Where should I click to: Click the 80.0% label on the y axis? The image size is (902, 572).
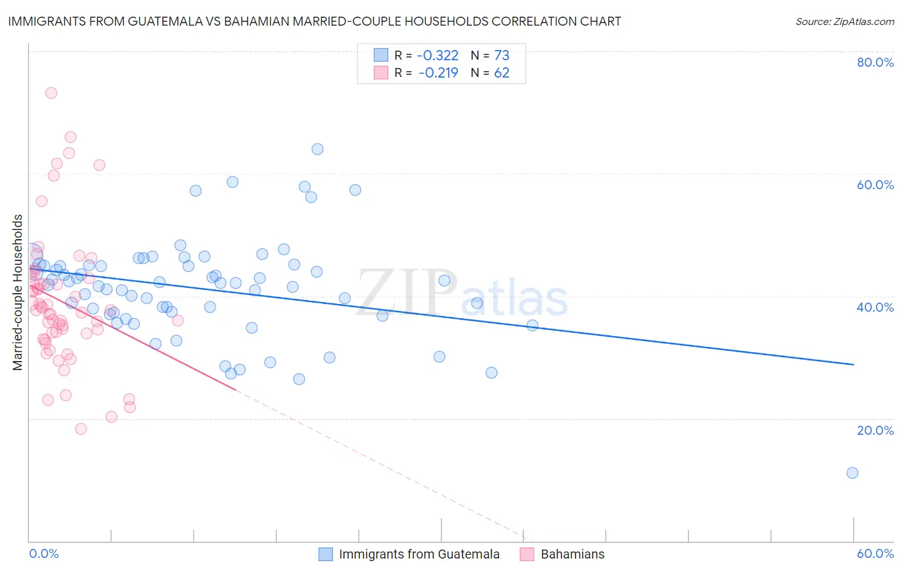875,62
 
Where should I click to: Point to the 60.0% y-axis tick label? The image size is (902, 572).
875,185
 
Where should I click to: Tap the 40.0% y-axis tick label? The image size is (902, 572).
875,307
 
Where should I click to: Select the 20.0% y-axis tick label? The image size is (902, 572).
875,430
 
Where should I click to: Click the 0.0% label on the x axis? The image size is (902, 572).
44,553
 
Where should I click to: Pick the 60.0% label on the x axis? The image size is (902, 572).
875,553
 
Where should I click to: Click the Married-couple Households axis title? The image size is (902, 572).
18,292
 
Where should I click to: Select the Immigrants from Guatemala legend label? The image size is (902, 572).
419,554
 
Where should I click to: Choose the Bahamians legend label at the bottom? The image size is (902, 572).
572,554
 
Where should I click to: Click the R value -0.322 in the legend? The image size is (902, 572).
438,56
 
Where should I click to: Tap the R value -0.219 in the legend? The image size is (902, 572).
438,73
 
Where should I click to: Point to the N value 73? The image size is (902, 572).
501,56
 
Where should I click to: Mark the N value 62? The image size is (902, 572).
501,73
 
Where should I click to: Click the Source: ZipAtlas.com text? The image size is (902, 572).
844,22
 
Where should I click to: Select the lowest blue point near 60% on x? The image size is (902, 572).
853,473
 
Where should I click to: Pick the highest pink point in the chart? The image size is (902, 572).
51,93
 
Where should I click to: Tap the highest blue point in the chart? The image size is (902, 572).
318,149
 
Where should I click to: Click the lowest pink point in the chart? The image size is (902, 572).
81,429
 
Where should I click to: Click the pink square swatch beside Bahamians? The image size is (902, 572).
527,554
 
